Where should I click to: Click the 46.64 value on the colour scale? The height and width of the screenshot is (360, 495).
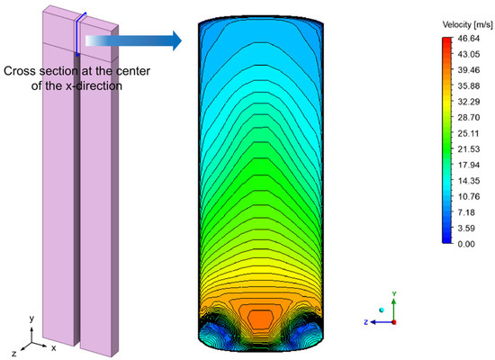pos(469,39)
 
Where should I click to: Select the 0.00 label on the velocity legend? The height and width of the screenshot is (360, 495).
pos(466,244)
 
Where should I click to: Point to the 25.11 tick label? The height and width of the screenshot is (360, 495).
pos(469,133)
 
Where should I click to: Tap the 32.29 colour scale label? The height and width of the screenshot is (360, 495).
pos(469,102)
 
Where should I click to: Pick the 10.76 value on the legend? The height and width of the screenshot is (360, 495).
pos(469,196)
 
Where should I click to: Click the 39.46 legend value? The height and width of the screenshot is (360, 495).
pos(469,70)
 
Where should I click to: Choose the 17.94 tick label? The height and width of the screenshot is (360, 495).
pos(469,165)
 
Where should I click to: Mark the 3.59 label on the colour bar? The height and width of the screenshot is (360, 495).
pos(466,228)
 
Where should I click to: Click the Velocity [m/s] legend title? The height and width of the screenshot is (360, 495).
pos(467,24)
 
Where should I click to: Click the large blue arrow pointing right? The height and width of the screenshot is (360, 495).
pos(133,40)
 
